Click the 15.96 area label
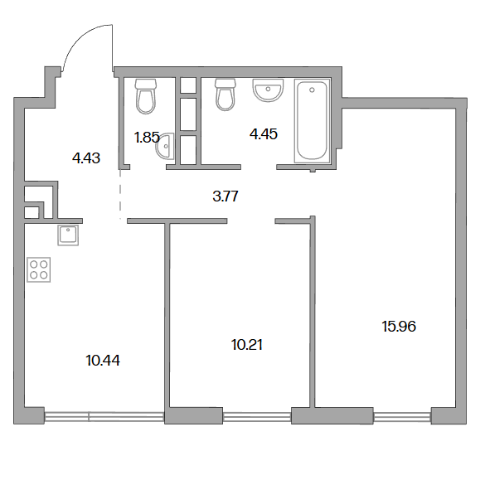pos(399,327)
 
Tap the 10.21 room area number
pos(247,345)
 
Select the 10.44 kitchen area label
pos(103,361)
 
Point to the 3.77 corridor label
pos(225,196)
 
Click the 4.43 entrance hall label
pos(86,158)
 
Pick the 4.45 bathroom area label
pos(264,134)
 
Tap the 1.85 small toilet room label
pos(147,138)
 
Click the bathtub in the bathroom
pos(312,120)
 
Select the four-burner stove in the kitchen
pos(39,269)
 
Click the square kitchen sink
pos(68,235)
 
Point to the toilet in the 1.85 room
pos(146,96)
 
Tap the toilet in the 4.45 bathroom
pos(225,95)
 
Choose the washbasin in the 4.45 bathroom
pos(268,90)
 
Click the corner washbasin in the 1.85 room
pos(165,146)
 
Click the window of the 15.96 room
pos(402,415)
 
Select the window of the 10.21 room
pos(256,415)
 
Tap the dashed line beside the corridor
pos(120,194)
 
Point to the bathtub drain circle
pos(312,90)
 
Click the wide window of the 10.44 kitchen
pos(104,415)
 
